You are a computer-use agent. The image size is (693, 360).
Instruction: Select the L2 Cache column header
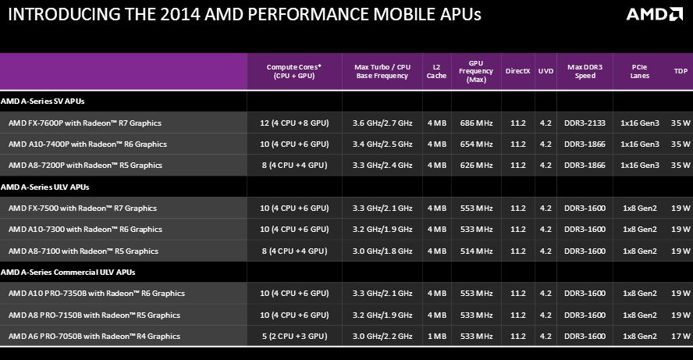pos(436,71)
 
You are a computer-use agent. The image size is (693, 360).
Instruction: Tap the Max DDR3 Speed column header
pos(585,71)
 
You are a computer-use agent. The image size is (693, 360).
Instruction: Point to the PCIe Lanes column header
pos(639,71)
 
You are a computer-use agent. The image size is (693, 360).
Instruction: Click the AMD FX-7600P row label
pos(86,123)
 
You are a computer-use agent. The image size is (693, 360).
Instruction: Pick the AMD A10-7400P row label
pos(87,144)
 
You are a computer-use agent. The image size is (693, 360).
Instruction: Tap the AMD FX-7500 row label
pos(83,209)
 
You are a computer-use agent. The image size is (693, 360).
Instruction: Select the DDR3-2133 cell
pos(585,123)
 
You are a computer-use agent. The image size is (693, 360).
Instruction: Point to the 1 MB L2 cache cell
pos(436,336)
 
